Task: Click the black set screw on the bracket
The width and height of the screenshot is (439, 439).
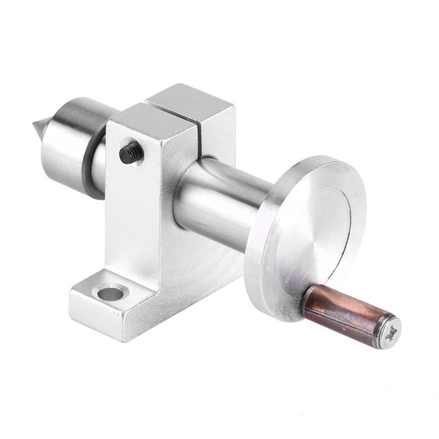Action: (131, 153)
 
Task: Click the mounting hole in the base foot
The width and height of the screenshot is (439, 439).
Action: (110, 293)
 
